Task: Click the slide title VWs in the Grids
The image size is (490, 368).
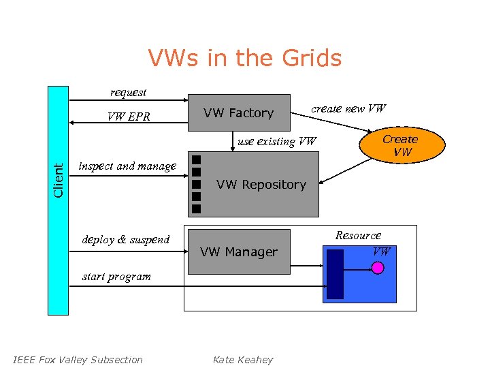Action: (x=245, y=59)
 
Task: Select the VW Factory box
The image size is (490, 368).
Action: (x=239, y=112)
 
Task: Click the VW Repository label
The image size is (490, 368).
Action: (x=261, y=185)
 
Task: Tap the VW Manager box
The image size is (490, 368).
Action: (x=238, y=252)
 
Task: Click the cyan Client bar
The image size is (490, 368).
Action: (x=58, y=200)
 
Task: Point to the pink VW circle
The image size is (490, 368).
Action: (x=378, y=268)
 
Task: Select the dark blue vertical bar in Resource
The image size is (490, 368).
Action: (x=335, y=274)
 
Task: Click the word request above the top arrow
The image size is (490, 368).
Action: (x=128, y=92)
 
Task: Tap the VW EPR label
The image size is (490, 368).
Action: (x=129, y=117)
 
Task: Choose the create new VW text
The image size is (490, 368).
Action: (x=348, y=108)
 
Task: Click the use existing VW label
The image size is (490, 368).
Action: (x=277, y=142)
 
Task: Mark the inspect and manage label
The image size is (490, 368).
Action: (x=127, y=166)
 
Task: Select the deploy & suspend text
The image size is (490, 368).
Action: (x=125, y=239)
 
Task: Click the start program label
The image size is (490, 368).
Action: (x=116, y=276)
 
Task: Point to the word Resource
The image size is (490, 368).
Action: (x=358, y=235)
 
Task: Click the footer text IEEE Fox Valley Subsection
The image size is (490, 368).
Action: (x=78, y=360)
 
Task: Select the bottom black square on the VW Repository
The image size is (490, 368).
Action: (x=196, y=208)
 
